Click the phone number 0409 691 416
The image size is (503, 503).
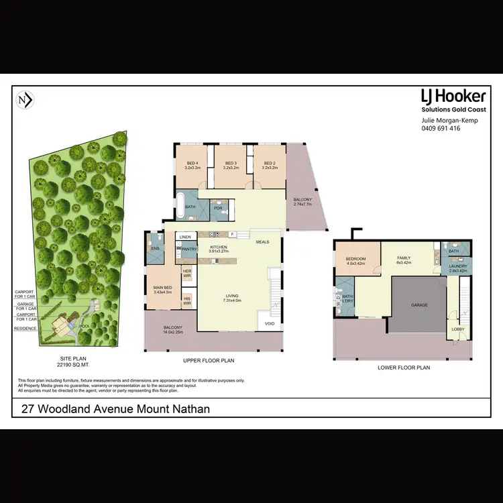pyautogui.click(x=441, y=128)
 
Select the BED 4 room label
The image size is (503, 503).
pyautogui.click(x=192, y=163)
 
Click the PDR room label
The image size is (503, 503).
pyautogui.click(x=218, y=208)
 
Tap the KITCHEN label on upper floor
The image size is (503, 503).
pyautogui.click(x=218, y=247)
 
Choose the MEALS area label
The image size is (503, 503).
pyautogui.click(x=262, y=243)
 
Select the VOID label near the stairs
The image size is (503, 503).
pyautogui.click(x=270, y=324)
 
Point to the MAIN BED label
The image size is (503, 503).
pyautogui.click(x=163, y=289)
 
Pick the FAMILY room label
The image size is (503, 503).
pyautogui.click(x=404, y=258)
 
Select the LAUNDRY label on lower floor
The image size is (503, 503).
pyautogui.click(x=458, y=266)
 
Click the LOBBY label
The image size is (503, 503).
pyautogui.click(x=458, y=329)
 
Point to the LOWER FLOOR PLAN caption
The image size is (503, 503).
pyautogui.click(x=403, y=368)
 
